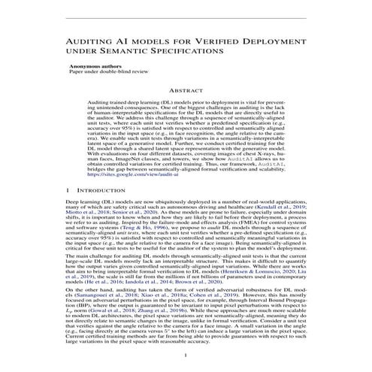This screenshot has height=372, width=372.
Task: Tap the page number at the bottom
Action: pos(186,361)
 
